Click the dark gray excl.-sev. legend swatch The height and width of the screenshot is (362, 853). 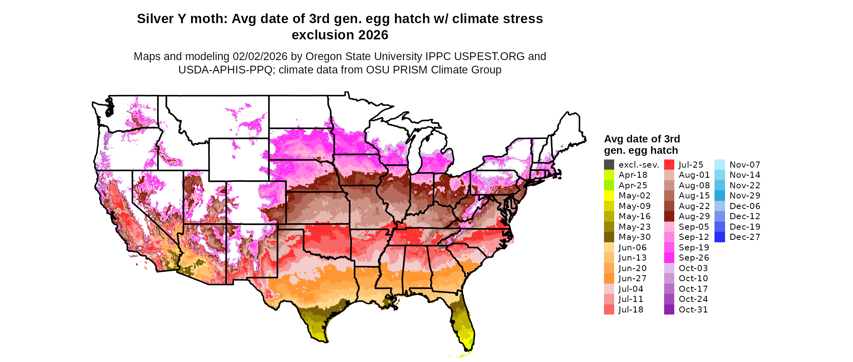(609, 164)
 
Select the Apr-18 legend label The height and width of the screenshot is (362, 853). (633, 175)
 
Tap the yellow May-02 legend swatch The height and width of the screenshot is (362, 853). (609, 196)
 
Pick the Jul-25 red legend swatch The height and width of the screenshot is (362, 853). (669, 164)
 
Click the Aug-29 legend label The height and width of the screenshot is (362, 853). (694, 216)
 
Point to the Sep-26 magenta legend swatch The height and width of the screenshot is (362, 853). (669, 258)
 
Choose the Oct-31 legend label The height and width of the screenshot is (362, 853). (693, 310)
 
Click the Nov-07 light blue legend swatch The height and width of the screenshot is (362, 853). (719, 164)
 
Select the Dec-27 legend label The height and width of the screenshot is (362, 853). (745, 237)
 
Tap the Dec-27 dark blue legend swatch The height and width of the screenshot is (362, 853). (719, 237)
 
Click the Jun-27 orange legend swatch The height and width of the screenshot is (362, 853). (609, 278)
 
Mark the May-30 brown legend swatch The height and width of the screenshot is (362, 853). (609, 237)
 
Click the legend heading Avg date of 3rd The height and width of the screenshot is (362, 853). (642, 139)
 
